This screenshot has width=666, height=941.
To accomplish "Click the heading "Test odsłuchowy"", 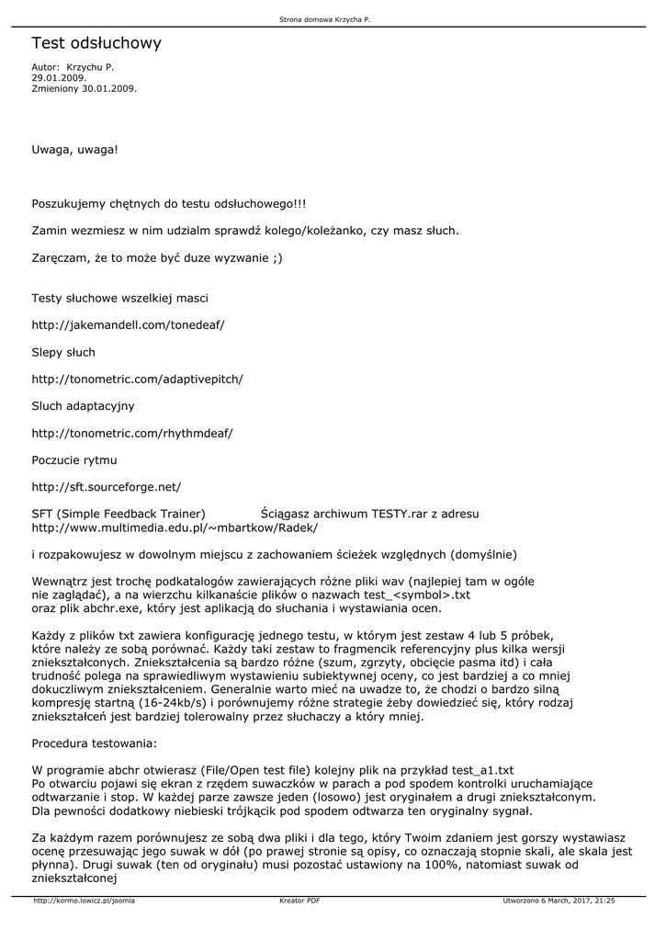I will click(x=96, y=43).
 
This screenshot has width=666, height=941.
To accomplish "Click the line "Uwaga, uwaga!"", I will click(x=75, y=149).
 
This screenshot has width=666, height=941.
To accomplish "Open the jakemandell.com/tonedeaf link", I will click(x=129, y=325).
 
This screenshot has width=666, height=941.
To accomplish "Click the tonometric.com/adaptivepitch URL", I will click(x=138, y=379).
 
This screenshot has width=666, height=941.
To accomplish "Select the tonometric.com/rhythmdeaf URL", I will click(x=132, y=432).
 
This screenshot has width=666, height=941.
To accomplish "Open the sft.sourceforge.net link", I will click(x=107, y=486).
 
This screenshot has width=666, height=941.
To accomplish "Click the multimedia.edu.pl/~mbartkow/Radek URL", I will click(x=175, y=527).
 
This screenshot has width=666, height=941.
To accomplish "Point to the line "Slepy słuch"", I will click(x=63, y=352).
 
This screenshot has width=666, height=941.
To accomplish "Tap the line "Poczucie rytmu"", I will click(x=74, y=459).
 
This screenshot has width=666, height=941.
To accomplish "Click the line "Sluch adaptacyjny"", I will click(x=84, y=405).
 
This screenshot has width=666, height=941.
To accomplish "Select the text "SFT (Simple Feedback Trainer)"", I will click(x=119, y=514).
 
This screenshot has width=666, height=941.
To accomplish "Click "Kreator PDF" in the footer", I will click(x=299, y=901).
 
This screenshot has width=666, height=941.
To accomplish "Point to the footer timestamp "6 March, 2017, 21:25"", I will click(x=580, y=901).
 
